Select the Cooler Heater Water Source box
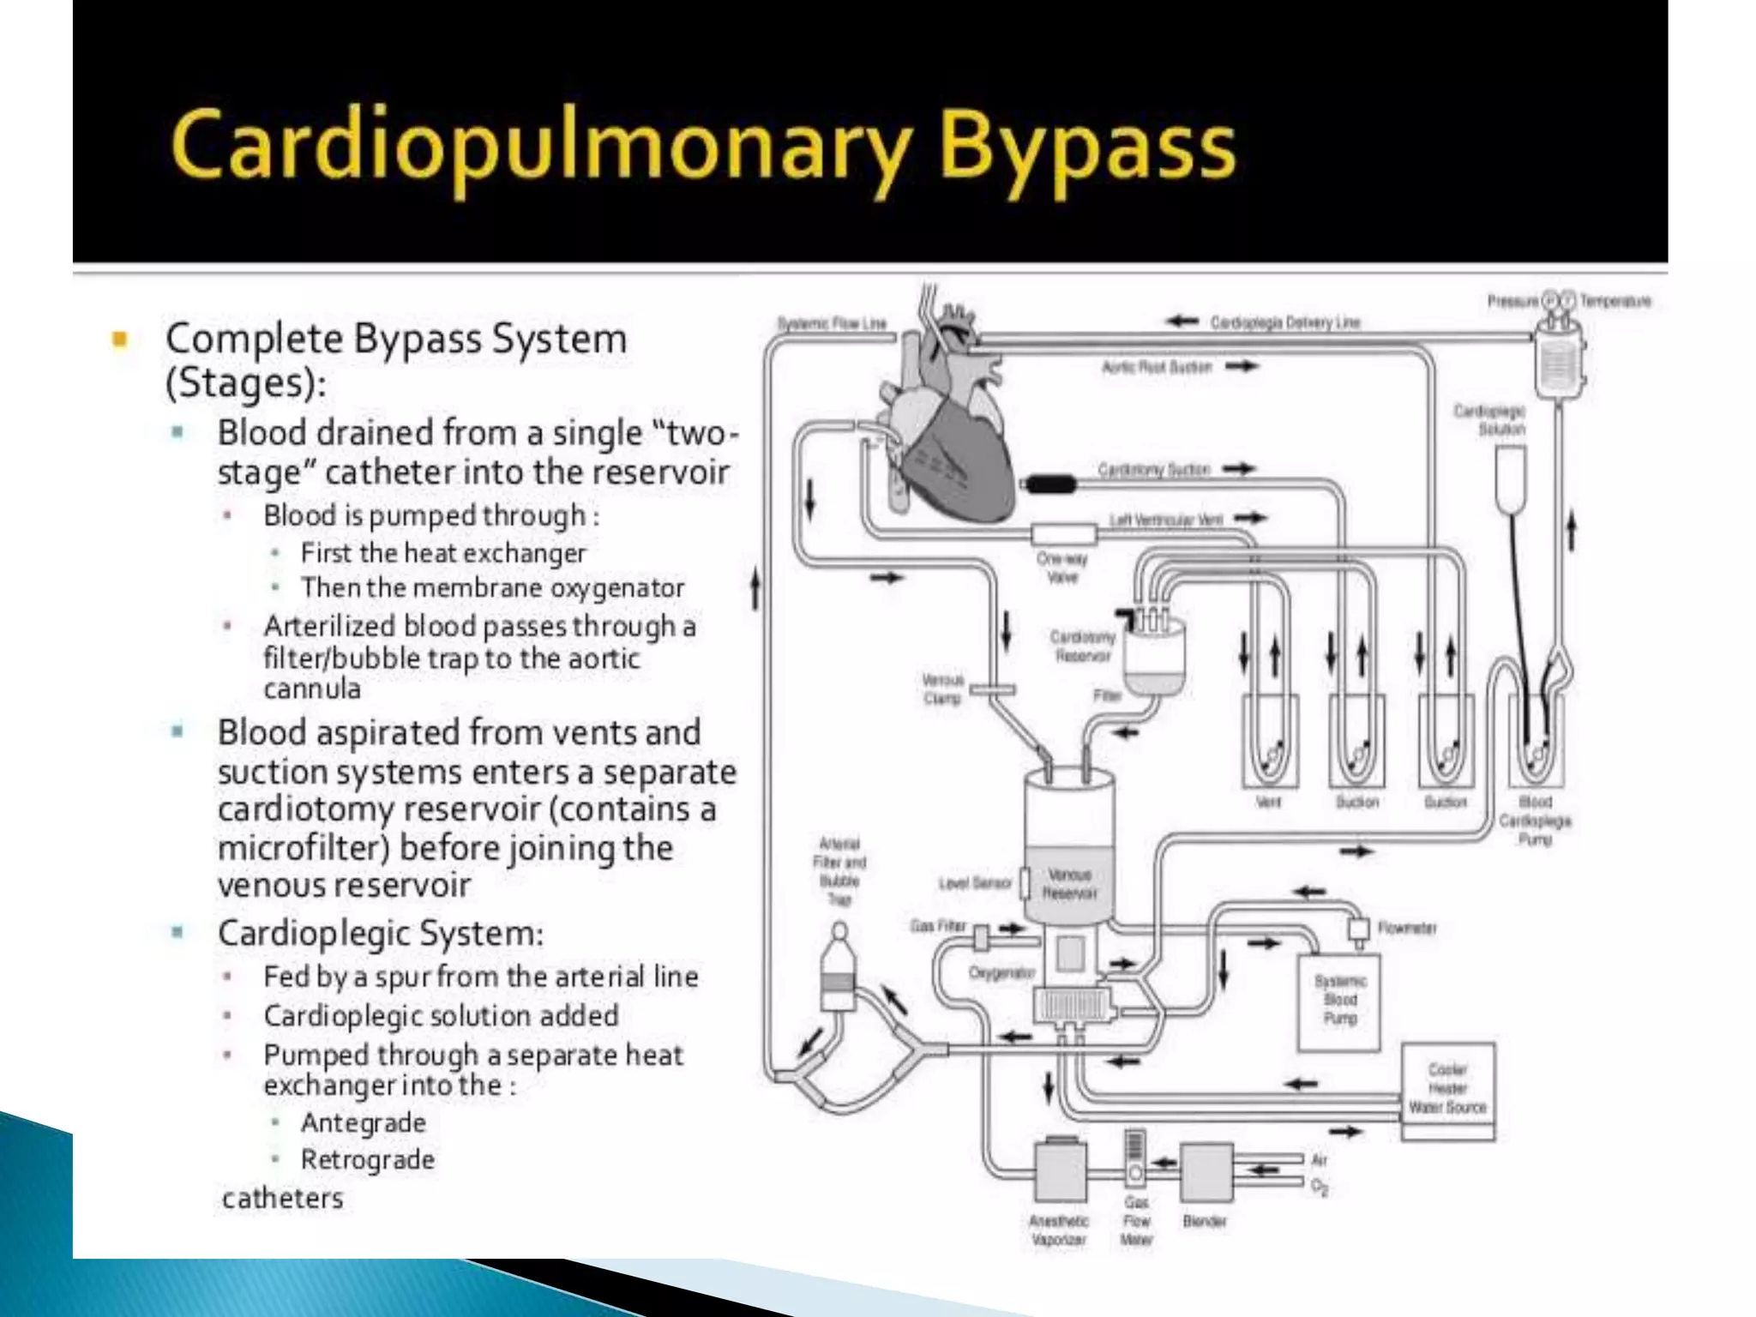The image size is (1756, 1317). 1447,1089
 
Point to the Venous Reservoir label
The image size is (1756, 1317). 1069,884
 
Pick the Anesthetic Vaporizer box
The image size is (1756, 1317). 1061,1171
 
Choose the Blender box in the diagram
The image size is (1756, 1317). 1206,1171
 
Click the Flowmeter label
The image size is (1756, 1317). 1407,928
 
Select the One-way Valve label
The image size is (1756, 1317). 1061,568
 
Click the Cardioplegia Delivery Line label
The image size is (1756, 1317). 1284,322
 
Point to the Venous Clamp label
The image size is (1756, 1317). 942,689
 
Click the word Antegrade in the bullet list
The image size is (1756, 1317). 363,1122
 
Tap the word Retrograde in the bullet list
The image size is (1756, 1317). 367,1159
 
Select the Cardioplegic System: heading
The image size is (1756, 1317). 381,933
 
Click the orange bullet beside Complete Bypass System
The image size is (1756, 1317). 120,340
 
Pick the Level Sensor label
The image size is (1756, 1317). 975,883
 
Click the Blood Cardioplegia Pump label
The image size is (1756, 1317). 1535,821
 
